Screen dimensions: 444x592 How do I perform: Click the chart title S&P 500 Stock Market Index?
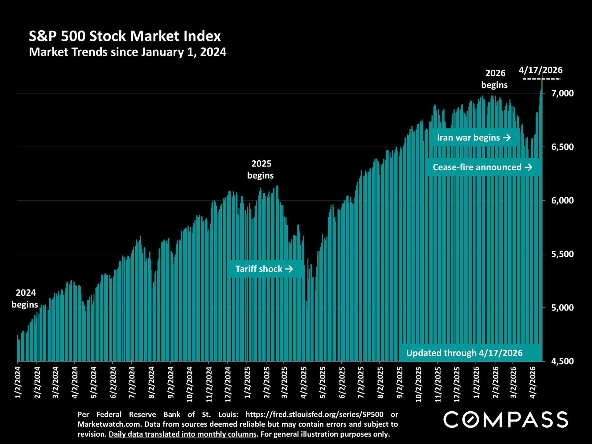125,36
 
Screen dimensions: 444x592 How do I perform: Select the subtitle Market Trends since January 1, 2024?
127,52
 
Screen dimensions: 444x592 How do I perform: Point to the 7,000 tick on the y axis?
562,93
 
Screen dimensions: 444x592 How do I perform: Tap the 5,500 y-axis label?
562,254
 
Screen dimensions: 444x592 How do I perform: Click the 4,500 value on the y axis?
562,361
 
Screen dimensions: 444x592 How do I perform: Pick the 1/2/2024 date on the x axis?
18,382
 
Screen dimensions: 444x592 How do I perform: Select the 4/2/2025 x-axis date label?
304,382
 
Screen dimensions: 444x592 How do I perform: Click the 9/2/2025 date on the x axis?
400,382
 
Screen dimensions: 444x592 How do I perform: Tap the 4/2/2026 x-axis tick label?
533,382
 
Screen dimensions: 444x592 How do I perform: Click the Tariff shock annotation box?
264,269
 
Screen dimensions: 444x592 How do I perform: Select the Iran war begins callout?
474,138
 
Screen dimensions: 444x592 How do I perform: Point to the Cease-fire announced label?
483,167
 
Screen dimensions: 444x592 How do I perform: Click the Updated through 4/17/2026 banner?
464,353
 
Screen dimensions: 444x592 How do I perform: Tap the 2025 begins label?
261,169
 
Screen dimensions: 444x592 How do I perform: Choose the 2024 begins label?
25,298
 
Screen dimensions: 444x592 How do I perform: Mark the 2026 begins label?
495,79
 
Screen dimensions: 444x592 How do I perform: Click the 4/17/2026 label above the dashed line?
541,70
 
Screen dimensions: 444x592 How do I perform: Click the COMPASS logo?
506,420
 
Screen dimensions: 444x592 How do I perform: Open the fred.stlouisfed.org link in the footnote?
314,414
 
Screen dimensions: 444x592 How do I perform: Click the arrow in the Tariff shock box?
289,269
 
